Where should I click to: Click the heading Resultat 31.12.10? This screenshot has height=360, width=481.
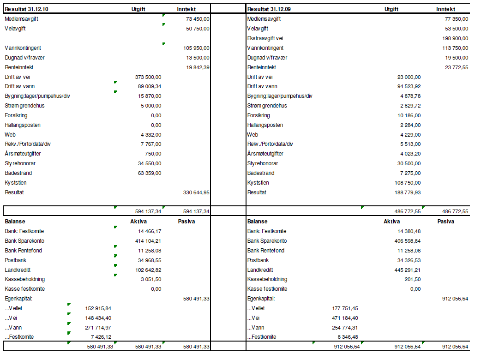(x=26, y=9)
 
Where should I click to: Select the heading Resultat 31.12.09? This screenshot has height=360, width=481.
(x=269, y=9)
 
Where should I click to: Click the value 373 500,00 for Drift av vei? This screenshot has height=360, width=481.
(x=148, y=77)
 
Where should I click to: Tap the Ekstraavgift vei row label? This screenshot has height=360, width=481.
(x=265, y=38)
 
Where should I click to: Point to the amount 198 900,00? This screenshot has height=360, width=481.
(x=455, y=38)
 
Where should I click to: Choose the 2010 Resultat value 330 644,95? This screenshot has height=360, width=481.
(x=196, y=192)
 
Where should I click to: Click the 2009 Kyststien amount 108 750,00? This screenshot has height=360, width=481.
(x=408, y=183)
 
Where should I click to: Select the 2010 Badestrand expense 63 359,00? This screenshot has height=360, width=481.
(x=150, y=173)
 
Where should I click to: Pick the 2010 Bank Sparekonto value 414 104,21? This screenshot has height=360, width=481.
(x=148, y=241)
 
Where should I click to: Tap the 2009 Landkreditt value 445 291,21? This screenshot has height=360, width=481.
(x=408, y=270)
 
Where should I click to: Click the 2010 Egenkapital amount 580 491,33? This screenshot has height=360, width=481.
(x=196, y=299)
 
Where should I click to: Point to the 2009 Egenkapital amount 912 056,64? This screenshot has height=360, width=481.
(x=455, y=299)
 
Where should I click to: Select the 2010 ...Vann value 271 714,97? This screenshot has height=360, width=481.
(x=98, y=328)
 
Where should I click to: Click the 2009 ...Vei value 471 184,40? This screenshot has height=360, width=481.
(x=345, y=318)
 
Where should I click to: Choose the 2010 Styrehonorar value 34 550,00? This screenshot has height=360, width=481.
(x=150, y=163)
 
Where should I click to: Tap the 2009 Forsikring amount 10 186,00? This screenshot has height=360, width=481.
(x=409, y=115)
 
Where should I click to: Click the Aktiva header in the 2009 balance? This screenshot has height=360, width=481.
(x=392, y=222)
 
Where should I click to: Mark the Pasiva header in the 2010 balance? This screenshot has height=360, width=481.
(x=186, y=222)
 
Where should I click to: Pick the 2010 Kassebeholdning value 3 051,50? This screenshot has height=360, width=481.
(x=151, y=279)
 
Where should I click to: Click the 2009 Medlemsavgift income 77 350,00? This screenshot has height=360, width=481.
(x=457, y=19)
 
